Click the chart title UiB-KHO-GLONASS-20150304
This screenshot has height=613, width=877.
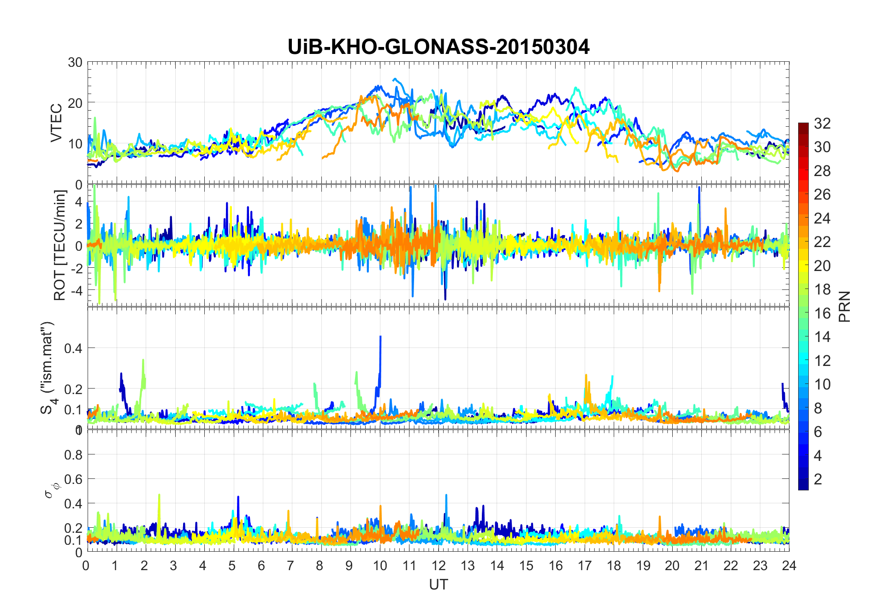click(438, 47)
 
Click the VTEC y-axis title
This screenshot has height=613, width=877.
click(56, 123)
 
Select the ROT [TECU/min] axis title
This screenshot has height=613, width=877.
click(60, 245)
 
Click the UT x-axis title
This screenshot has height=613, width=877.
click(438, 585)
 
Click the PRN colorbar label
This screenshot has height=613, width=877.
click(844, 306)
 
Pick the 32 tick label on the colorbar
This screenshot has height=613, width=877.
click(822, 124)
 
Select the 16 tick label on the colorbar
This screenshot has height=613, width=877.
click(822, 313)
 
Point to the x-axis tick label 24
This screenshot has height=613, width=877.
click(789, 566)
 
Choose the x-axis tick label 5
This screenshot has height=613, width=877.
click(232, 566)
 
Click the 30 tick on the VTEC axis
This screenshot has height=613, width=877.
click(75, 63)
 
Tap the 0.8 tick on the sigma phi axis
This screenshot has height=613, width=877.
click(74, 455)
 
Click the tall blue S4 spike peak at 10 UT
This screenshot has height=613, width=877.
click(380, 337)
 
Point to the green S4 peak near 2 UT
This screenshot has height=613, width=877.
click(143, 360)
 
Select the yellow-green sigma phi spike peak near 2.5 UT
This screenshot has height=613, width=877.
click(159, 495)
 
